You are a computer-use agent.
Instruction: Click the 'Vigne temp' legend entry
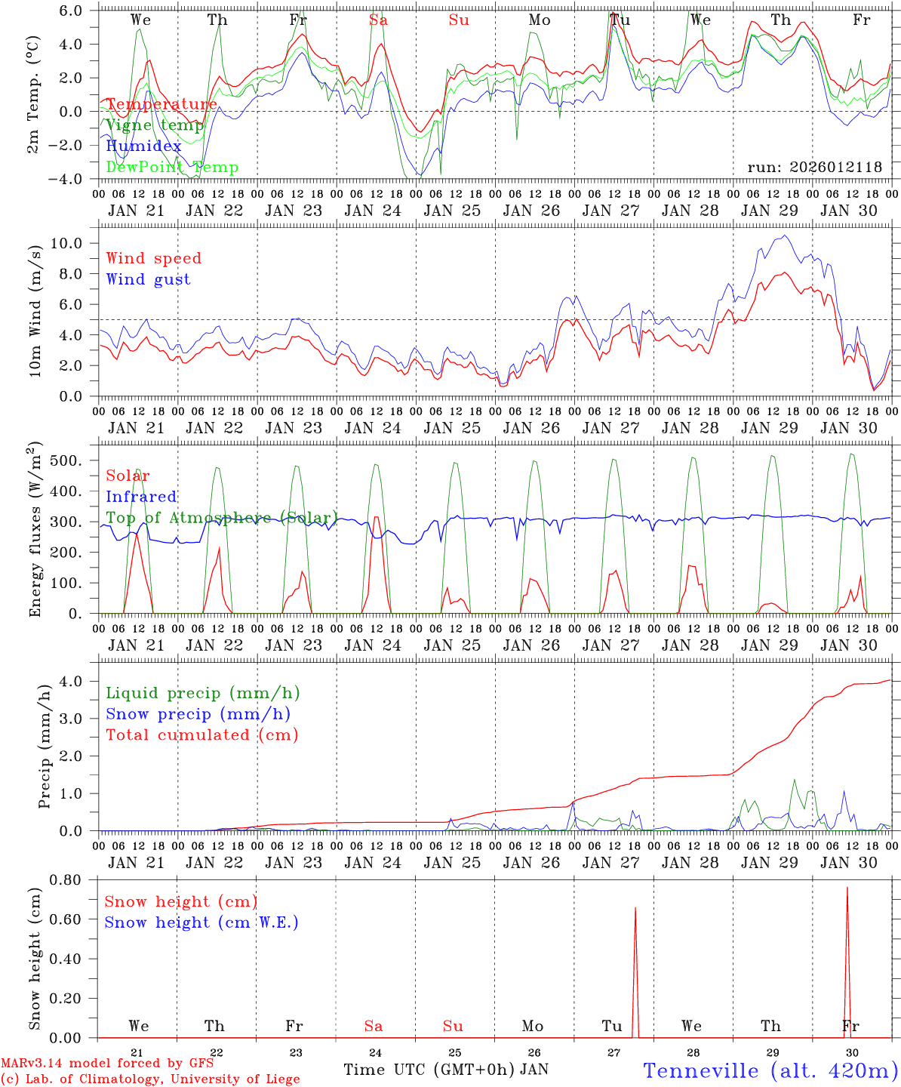point(155,125)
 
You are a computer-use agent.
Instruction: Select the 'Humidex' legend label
point(144,146)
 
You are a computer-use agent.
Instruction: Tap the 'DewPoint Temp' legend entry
point(172,168)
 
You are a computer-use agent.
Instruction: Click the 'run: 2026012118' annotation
point(814,168)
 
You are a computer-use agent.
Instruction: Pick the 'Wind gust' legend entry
point(148,279)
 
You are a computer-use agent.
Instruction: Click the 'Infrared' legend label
point(141,497)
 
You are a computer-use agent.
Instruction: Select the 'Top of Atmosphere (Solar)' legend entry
point(221,518)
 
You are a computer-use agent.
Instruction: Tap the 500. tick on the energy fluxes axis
point(75,460)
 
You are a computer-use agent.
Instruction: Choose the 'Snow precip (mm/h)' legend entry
point(198,714)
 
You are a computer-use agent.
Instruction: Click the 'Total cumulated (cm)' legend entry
point(201,735)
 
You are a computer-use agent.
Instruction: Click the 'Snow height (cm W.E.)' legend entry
point(201,922)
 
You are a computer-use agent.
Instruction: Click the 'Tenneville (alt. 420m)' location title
point(770,1070)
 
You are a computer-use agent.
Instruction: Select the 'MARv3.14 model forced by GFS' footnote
point(107,1064)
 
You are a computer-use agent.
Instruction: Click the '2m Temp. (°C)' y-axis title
point(34,94)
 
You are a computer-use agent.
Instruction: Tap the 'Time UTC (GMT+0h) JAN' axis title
point(445,1070)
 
